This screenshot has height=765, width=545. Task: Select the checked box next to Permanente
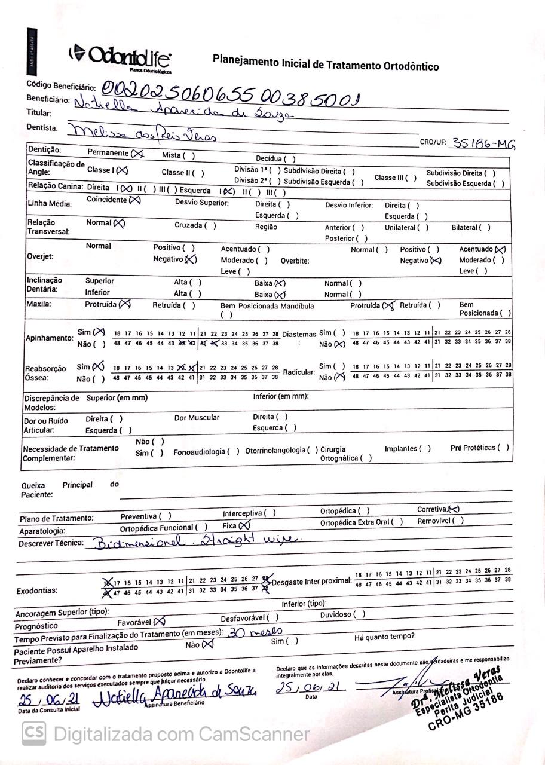138,154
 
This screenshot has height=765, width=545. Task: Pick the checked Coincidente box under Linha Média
134,200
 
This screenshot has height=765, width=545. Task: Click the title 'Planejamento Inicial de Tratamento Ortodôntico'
325,62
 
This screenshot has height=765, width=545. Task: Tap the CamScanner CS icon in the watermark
34,733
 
